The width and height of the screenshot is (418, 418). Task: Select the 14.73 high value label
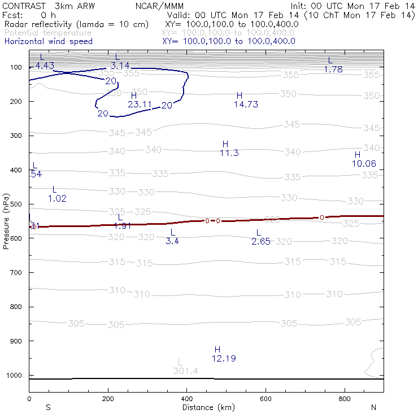coord(246,104)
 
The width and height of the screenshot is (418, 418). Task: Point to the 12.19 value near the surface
coord(224,359)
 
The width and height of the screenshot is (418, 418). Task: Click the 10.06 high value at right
coord(364,164)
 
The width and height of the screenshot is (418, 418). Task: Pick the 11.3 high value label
coord(229,153)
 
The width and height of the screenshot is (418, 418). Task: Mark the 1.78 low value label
coord(333,69)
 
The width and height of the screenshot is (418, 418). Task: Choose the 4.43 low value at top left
coord(45,66)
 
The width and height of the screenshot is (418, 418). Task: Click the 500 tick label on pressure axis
coord(16,204)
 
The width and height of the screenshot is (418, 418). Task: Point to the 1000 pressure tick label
coord(14,375)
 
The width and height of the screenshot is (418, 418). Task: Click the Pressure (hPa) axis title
coord(6,221)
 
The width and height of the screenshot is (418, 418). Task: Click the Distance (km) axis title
coord(206,407)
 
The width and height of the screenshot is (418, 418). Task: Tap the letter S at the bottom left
coord(49,407)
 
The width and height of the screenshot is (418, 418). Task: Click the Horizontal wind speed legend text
coord(49,41)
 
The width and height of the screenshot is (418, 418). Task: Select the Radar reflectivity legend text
coord(76,25)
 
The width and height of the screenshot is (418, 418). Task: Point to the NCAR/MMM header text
coord(159,6)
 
